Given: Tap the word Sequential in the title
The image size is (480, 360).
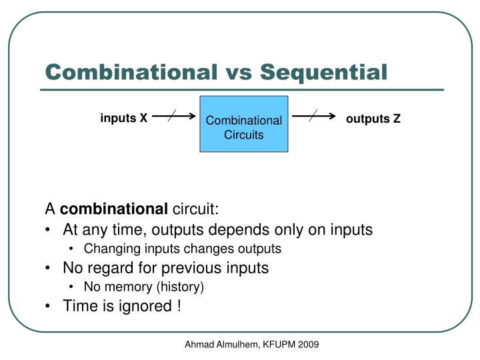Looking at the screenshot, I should pos(324,72).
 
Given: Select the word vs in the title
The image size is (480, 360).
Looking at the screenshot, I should pos(237,72).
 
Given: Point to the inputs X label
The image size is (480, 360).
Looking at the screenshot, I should pos(124,119).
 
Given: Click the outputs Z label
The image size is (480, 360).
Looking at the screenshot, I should pos(373,119).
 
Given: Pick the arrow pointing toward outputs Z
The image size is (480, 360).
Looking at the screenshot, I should pos(313,115).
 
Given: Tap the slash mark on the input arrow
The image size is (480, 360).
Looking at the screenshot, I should pos(173,115).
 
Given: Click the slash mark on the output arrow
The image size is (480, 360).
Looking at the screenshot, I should pos(315,115).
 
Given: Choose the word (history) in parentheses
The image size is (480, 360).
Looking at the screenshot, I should pos(181,287).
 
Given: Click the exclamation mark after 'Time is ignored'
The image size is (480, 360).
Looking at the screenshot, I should pos(178,306).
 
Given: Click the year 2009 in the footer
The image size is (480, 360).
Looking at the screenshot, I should pos(308,345).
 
